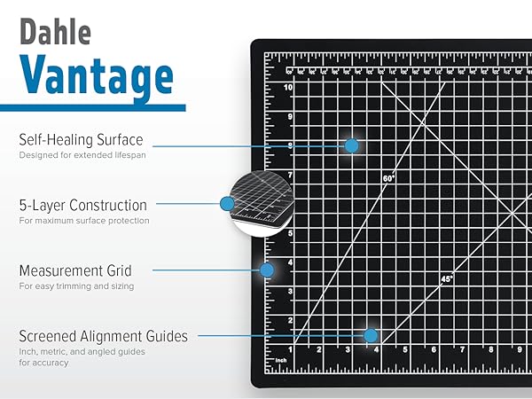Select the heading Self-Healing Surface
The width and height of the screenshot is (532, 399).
[81, 140]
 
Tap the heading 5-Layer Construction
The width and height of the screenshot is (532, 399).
[82, 205]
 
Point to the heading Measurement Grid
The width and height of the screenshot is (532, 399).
[74, 270]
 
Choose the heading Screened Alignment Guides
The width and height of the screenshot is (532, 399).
[103, 336]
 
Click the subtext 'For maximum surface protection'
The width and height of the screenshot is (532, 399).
[83, 220]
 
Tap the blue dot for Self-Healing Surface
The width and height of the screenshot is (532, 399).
[352, 145]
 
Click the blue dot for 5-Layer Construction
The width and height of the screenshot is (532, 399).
[227, 203]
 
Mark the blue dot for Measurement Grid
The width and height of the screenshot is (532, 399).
[265, 269]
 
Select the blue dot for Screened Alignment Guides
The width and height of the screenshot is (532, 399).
[371, 335]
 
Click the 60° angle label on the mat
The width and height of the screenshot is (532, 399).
[388, 178]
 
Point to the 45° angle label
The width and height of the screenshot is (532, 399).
[446, 278]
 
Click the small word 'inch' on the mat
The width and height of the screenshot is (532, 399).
[281, 359]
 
